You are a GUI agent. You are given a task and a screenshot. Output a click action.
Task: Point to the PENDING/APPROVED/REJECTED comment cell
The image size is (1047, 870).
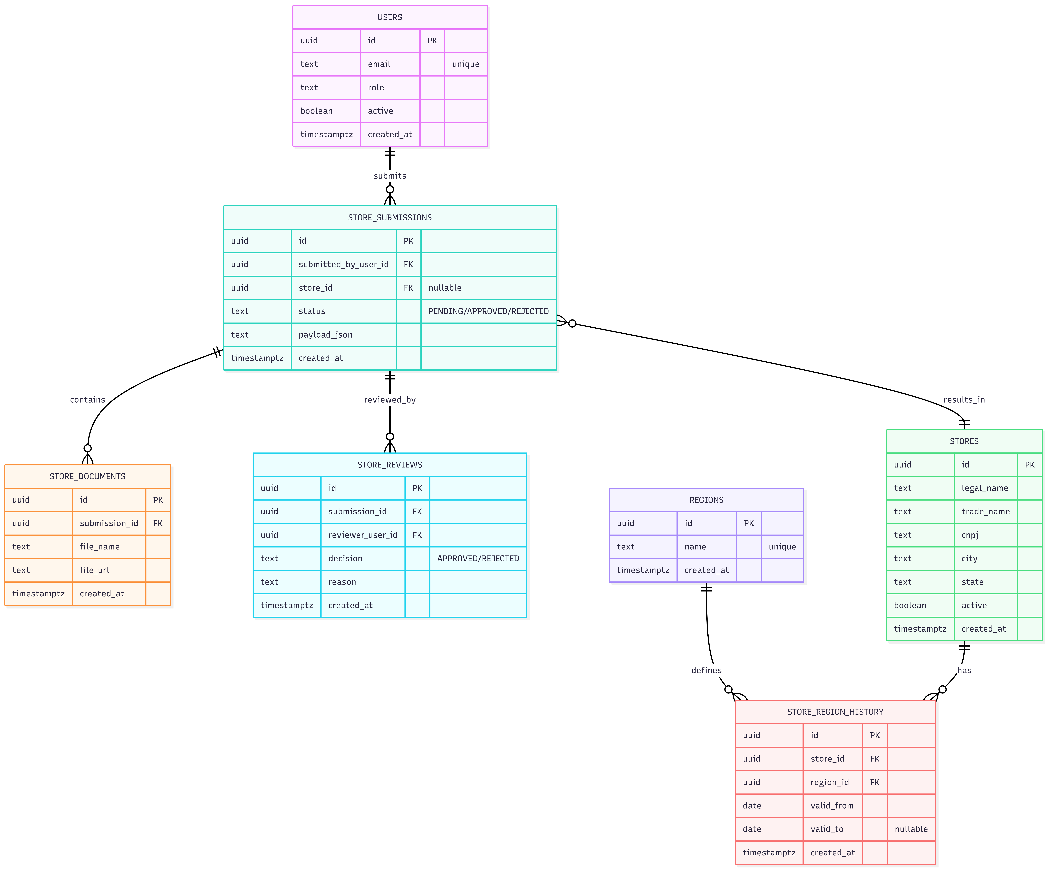pyautogui.click(x=488, y=311)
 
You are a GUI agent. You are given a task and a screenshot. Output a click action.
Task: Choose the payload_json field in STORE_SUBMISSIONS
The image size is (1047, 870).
pyautogui.click(x=325, y=335)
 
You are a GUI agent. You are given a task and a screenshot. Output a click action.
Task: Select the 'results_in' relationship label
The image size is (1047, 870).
pyautogui.click(x=964, y=400)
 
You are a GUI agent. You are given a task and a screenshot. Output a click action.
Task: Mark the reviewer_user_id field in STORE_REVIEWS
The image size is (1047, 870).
pyautogui.click(x=362, y=535)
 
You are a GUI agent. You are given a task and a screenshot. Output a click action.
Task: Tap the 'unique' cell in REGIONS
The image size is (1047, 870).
pyautogui.click(x=782, y=547)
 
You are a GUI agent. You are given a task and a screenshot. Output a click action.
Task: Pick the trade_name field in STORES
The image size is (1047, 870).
pyautogui.click(x=985, y=511)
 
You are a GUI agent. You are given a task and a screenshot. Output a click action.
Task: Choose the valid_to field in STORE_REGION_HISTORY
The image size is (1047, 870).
pyautogui.click(x=827, y=829)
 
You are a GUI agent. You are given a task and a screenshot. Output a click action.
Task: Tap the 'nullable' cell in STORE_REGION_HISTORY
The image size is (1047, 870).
pyautogui.click(x=911, y=829)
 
